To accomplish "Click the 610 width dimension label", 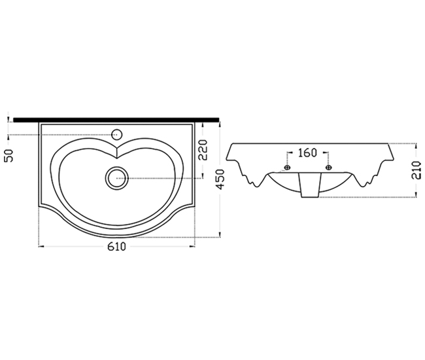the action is coord(117,246).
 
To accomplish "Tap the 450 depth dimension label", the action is coord(221,179).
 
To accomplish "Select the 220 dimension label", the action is coord(203,150).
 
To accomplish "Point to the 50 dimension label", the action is coord(9,155).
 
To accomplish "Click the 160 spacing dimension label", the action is coord(307,153).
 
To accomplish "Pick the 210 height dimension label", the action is coord(416,170).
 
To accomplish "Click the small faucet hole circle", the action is coord(117,135).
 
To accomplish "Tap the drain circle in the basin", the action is coord(116,178).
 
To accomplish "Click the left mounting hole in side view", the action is coord(287,168).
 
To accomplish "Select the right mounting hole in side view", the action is coord(328,168).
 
